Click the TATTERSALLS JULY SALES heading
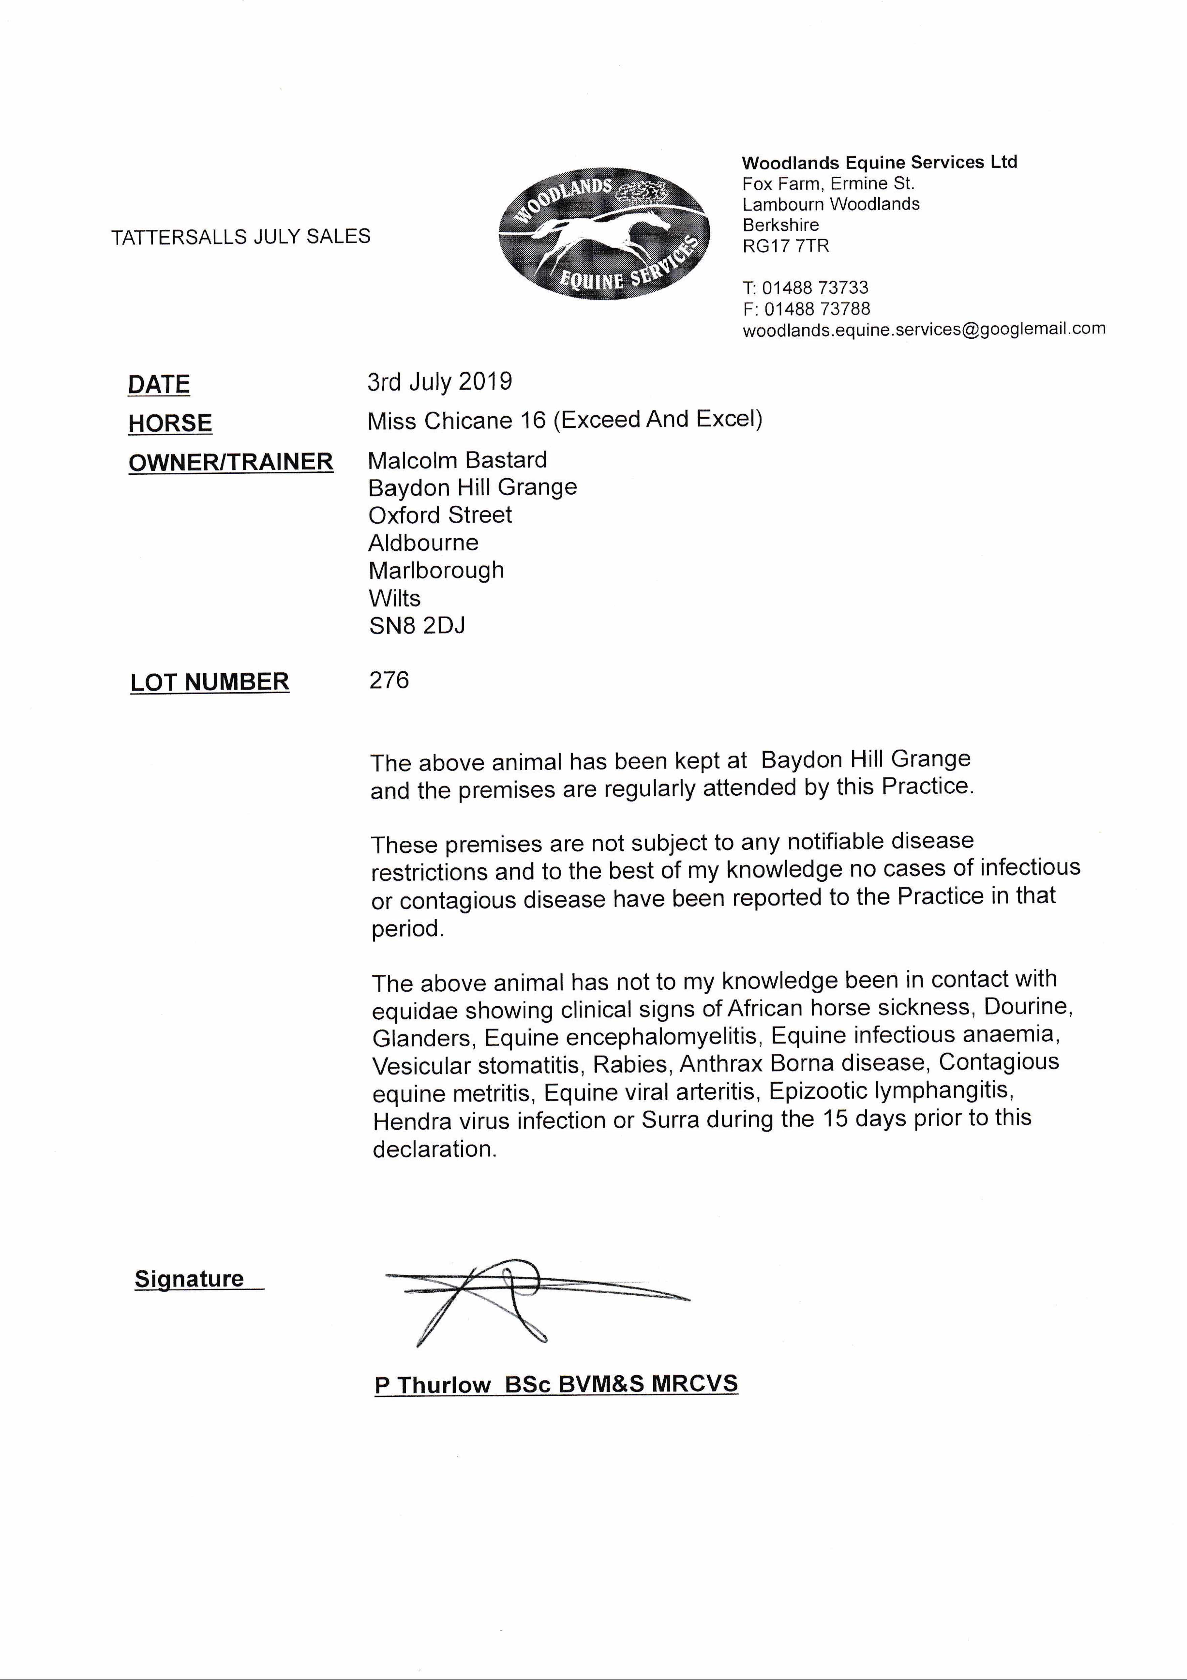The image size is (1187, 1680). [x=240, y=236]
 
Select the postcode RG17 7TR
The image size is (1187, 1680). [x=786, y=246]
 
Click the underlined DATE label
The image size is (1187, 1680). [x=159, y=384]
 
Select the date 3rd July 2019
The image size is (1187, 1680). [x=440, y=381]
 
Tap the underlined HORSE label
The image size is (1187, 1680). [x=170, y=423]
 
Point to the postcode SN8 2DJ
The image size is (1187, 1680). [x=417, y=626]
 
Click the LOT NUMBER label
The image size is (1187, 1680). [x=210, y=682]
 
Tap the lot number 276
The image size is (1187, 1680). [x=389, y=680]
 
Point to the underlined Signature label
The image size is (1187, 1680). [x=189, y=1279]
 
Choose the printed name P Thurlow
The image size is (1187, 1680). [x=432, y=1385]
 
